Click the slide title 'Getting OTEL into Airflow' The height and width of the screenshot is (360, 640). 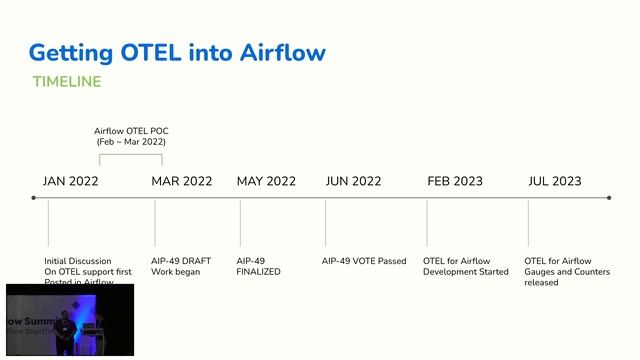(x=177, y=52)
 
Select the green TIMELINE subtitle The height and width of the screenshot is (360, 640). (x=67, y=81)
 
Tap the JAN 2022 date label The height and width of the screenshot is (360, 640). (x=71, y=181)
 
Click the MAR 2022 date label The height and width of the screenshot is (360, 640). (x=182, y=181)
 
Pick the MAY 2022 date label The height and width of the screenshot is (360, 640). (x=266, y=181)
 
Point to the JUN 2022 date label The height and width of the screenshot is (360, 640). (x=353, y=181)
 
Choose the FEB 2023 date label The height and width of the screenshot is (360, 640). (x=455, y=181)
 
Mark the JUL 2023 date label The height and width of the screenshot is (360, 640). (x=554, y=181)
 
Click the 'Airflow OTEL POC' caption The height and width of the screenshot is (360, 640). (x=130, y=131)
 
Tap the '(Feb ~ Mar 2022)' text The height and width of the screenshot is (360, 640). (x=130, y=143)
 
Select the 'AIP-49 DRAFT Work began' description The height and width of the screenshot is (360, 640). (x=182, y=266)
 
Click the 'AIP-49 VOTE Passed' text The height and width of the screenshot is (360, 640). (x=364, y=261)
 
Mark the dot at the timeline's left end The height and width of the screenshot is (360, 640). (x=33, y=198)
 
